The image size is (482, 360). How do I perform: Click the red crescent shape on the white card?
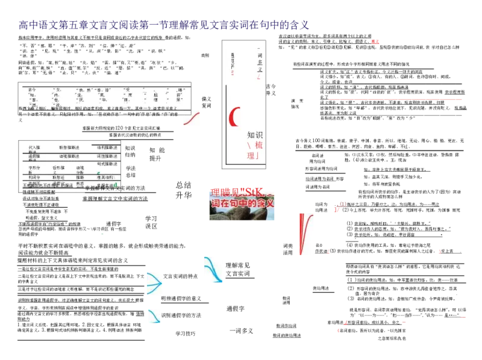tap(234, 116)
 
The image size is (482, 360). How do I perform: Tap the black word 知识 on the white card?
tap(255, 135)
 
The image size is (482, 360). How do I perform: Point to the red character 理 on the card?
tap(251, 155)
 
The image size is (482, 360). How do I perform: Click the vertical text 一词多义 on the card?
tap(260, 63)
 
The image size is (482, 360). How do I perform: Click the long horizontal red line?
tap(395, 98)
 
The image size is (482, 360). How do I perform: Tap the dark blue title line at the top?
tap(163, 26)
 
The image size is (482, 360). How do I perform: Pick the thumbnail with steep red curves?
tap(308, 234)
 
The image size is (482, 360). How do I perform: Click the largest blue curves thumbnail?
tap(214, 269)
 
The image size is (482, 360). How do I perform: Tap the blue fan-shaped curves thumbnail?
tap(154, 284)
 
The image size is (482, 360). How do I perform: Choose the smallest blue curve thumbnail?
tap(154, 317)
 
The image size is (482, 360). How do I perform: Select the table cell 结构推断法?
tap(107, 147)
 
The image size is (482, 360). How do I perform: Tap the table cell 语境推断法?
tap(68, 156)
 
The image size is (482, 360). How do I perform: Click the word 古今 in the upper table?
tap(32, 90)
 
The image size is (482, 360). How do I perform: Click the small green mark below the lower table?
tap(101, 234)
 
